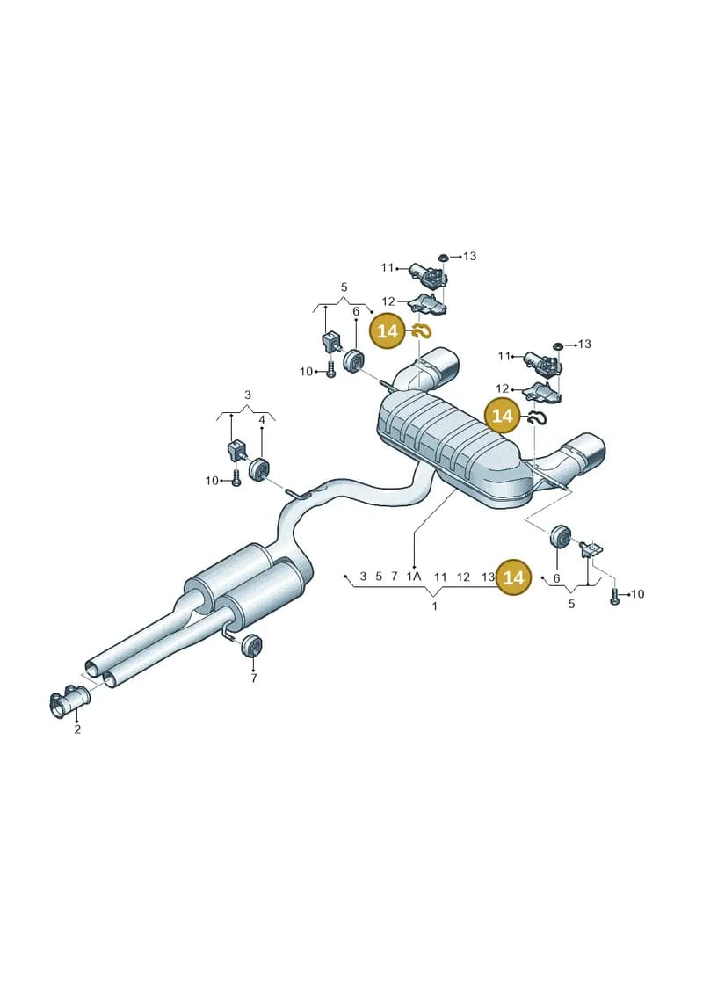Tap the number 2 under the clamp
point(77,729)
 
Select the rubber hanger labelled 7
point(252,645)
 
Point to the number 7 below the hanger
point(254,678)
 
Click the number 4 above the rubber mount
point(261,419)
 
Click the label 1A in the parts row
point(413,577)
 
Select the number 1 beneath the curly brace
point(434,606)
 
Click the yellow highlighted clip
point(422,330)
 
